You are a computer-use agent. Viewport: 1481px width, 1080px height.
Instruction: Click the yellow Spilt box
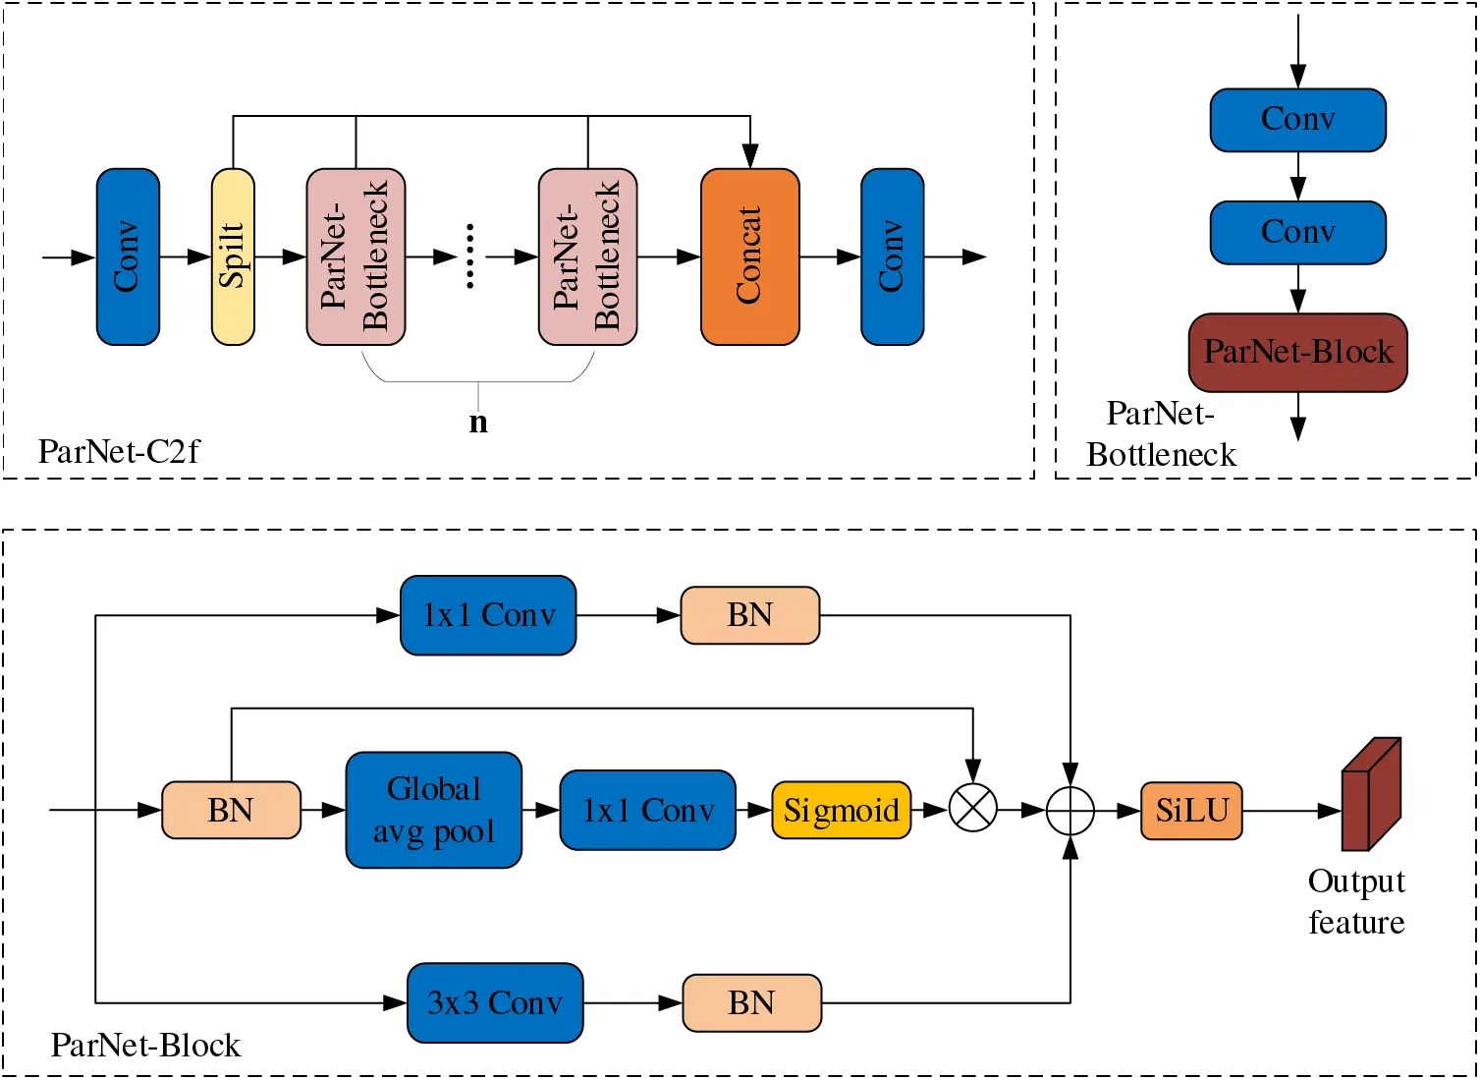[x=233, y=256]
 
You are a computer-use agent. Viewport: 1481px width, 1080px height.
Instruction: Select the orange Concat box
[x=749, y=256]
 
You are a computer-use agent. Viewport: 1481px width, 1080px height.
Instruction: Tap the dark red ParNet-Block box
[x=1297, y=352]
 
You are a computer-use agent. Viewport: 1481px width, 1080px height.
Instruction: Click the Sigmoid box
[x=842, y=811]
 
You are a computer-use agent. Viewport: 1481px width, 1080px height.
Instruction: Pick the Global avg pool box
[x=433, y=811]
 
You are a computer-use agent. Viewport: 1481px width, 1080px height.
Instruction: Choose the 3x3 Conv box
[x=495, y=1002]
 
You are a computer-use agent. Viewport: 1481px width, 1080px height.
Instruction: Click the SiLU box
[x=1191, y=811]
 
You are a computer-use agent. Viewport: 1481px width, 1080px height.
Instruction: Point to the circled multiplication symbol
[x=972, y=811]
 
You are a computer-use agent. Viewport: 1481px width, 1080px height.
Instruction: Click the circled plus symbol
[x=1070, y=811]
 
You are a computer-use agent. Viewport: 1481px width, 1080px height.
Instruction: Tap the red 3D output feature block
[x=1370, y=795]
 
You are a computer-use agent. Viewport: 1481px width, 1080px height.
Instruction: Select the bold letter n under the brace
[x=478, y=422]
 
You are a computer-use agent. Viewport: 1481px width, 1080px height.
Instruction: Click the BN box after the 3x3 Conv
[x=751, y=1002]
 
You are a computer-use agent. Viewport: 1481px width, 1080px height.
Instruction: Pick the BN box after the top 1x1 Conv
[x=749, y=615]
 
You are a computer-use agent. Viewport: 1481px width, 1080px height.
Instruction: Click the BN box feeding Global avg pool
[x=231, y=811]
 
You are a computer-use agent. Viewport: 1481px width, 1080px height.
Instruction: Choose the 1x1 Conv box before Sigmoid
[x=647, y=811]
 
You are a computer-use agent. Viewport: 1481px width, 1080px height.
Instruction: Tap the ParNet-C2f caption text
[x=118, y=452]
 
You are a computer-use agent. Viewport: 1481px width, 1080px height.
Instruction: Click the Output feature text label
[x=1356, y=901]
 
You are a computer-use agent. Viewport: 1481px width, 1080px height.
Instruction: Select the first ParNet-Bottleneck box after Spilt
[x=356, y=256]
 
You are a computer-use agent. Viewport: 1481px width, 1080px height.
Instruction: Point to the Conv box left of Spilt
[x=128, y=256]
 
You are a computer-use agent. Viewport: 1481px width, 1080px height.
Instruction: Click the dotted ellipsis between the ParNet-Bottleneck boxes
[x=470, y=256]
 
